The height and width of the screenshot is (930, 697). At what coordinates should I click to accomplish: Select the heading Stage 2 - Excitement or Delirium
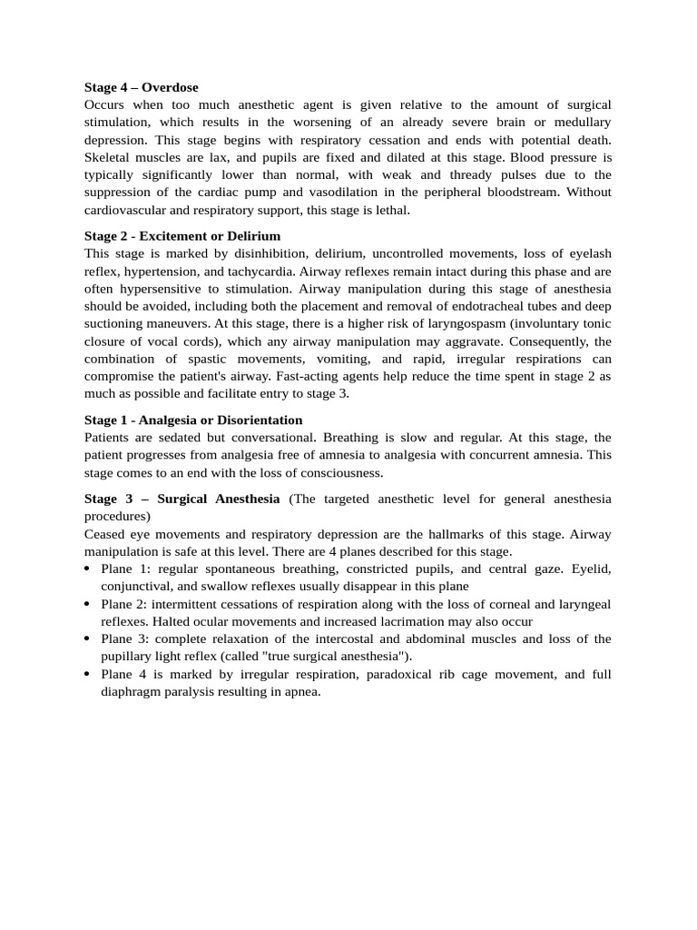tap(182, 236)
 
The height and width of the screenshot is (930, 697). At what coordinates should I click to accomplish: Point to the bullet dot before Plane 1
tap(87, 569)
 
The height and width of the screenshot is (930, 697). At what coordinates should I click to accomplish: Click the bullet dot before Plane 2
tap(87, 605)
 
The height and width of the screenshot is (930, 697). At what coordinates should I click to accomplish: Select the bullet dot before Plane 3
tap(87, 639)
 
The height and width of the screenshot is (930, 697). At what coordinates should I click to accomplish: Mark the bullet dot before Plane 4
tap(87, 675)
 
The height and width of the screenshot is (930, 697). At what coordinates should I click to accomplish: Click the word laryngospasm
tap(393, 324)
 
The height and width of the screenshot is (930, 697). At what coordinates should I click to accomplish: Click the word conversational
tap(273, 438)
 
